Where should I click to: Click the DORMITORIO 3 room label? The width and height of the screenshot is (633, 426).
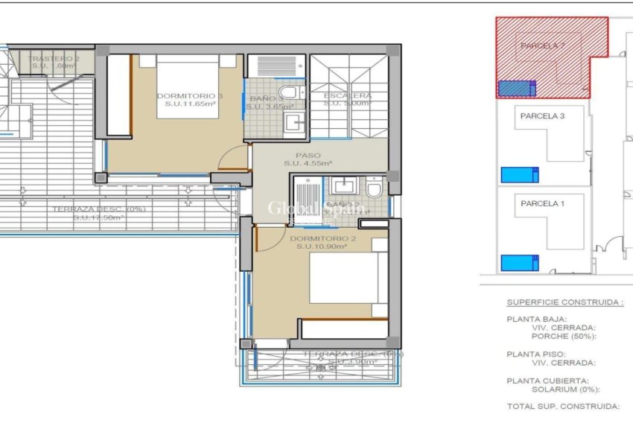[189, 96]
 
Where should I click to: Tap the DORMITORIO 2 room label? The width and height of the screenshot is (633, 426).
[322, 239]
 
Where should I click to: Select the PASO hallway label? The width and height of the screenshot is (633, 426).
[307, 156]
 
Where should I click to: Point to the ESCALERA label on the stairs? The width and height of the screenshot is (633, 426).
[348, 96]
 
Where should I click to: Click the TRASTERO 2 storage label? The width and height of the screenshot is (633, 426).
[54, 59]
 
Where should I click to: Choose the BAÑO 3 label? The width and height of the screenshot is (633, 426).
[266, 98]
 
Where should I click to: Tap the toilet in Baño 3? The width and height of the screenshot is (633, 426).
[292, 93]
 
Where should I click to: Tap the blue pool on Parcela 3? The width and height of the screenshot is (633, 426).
[518, 175]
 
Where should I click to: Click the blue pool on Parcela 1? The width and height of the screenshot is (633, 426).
[518, 263]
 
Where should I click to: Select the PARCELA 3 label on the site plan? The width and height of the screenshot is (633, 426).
[542, 116]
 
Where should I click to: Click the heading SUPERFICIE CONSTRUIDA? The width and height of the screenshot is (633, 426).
[564, 303]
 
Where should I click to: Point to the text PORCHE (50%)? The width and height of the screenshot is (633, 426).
[564, 335]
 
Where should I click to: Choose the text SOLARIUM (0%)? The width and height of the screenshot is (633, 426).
[566, 389]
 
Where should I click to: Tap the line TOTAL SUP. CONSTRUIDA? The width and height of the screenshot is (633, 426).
[563, 407]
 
